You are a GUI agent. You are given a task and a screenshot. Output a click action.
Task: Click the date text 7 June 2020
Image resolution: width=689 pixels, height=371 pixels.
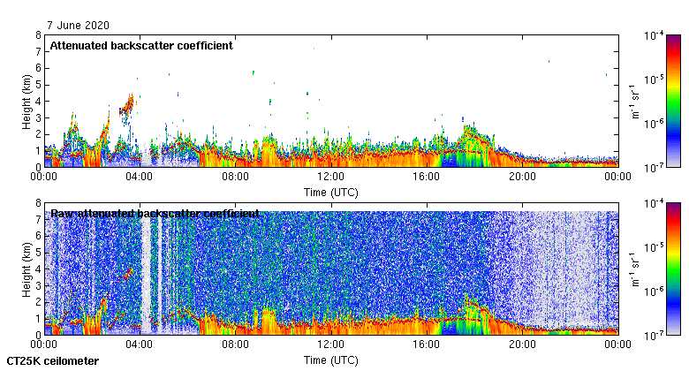coord(73,26)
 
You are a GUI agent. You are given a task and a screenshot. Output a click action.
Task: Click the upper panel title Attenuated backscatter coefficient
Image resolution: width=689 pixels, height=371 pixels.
coord(141,45)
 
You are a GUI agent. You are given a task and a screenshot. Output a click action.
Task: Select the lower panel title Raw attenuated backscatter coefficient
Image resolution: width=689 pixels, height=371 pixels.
coord(155,213)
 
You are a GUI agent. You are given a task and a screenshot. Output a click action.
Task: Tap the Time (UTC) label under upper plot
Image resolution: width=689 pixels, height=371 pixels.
coord(331,192)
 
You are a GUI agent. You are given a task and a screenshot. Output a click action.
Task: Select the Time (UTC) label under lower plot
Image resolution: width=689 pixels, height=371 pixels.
coord(331,360)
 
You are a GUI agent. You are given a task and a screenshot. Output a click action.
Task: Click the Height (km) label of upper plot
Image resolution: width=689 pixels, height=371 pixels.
coord(26,101)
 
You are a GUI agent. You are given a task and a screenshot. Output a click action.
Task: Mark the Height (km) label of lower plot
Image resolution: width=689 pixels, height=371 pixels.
coord(26,269)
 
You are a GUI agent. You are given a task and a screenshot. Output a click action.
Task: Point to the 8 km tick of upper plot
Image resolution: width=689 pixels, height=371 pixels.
coord(37,35)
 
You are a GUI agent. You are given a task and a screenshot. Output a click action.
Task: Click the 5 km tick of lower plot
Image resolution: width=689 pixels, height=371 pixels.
coord(37,252)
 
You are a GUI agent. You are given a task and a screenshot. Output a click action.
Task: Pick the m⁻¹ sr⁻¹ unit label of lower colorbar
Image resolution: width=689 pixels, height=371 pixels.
coord(634,269)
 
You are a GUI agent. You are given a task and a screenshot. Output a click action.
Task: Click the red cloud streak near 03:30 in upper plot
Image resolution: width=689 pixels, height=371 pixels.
coord(128,106)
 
